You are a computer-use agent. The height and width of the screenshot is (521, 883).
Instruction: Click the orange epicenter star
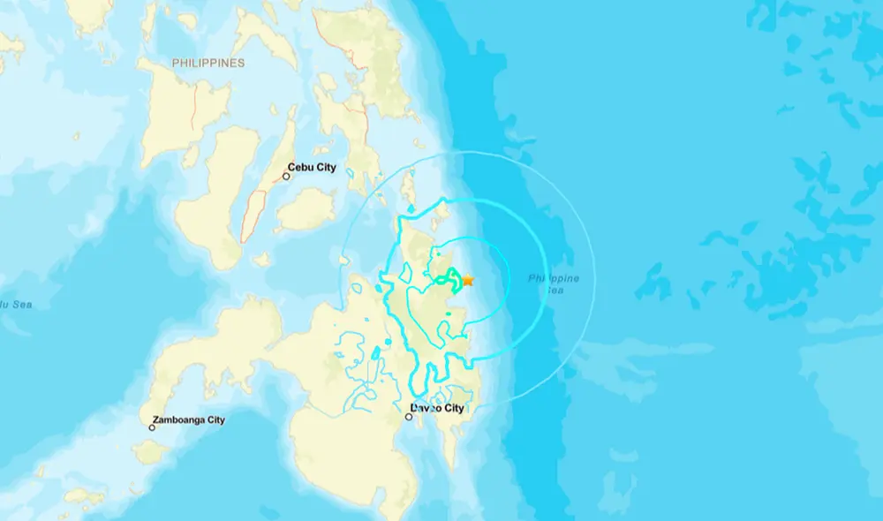tap(468, 280)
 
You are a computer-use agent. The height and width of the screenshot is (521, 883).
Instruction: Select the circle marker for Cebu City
tap(286, 177)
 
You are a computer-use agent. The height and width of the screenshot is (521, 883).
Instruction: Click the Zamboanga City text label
tap(189, 420)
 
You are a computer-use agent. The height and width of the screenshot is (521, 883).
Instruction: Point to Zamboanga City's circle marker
tap(152, 428)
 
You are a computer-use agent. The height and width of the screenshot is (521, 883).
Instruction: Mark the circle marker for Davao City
tap(409, 417)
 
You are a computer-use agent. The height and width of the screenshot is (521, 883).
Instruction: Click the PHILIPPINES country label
tap(208, 64)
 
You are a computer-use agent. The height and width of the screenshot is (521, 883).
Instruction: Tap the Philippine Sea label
tap(554, 283)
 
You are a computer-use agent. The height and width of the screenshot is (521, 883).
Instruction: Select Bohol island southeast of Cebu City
tap(305, 208)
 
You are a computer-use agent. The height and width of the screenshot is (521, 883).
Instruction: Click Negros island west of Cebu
tap(208, 203)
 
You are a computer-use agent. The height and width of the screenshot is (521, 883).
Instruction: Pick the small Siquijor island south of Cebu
tap(260, 260)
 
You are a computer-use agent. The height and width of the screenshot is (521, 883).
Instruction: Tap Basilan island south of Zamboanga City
tap(150, 452)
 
